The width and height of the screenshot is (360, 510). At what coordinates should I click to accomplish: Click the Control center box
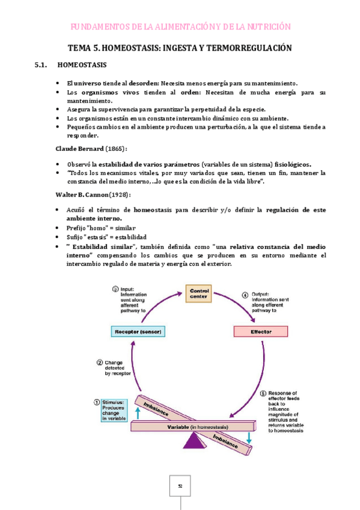pos(199,295)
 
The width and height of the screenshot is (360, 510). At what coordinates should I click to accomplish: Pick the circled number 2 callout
pos(100,362)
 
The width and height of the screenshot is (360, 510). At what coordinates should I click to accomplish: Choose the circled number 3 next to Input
pos(115,289)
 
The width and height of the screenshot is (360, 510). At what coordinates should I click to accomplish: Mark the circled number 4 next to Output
pos(245,295)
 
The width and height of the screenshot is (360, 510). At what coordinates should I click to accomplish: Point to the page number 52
pos(180,485)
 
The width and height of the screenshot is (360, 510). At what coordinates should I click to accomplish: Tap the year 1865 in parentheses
pos(114,148)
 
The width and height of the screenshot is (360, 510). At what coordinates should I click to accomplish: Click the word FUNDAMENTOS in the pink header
pos(96,26)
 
